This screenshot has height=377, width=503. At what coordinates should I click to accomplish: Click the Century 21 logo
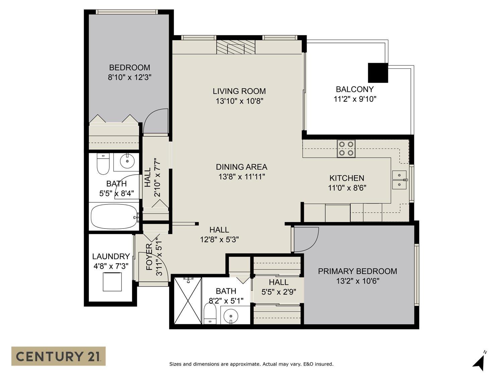click(x=58, y=356)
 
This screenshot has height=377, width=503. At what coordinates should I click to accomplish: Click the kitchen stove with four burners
click(x=346, y=148)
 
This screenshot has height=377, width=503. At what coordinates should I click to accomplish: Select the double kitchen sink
click(x=399, y=180)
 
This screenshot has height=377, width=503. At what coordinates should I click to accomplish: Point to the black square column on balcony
click(x=378, y=73)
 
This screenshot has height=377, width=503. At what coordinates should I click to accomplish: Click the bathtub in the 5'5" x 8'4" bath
click(x=114, y=216)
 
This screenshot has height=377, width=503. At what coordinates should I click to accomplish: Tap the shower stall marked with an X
click(x=188, y=301)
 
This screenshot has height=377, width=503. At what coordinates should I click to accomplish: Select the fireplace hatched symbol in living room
click(x=236, y=47)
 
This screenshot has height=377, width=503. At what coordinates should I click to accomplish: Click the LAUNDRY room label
click(x=111, y=256)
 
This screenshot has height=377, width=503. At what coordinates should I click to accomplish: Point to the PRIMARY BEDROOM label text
click(x=357, y=271)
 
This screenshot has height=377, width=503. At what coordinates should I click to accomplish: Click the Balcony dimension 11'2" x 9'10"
click(x=355, y=99)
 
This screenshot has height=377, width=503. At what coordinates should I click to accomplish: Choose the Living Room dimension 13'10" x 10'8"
click(x=239, y=101)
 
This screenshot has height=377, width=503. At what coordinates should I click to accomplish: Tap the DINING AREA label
click(x=241, y=167)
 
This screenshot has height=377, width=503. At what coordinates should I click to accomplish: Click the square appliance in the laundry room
click(x=112, y=282)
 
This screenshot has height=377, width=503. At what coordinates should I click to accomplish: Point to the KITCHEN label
click(x=347, y=178)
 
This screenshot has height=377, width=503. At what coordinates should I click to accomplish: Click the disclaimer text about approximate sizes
click(x=251, y=364)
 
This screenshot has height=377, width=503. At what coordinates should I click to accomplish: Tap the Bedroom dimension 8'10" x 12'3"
click(x=129, y=77)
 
